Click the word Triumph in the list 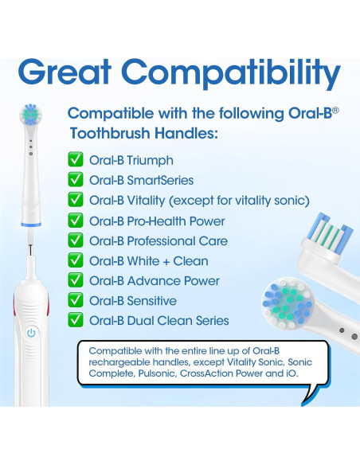pos(150,161)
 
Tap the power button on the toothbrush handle pos(30,333)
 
